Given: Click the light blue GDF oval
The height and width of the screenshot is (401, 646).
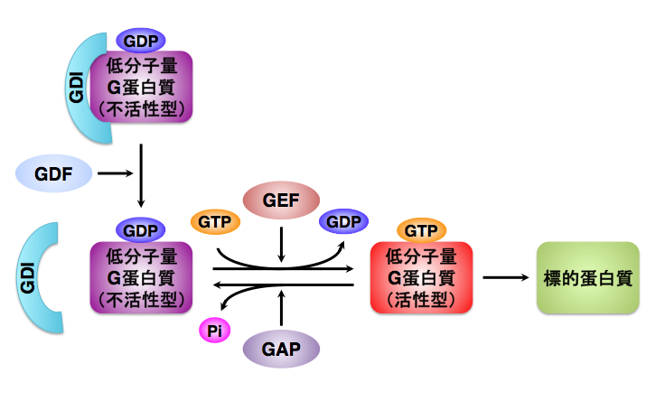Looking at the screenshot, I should (54, 171).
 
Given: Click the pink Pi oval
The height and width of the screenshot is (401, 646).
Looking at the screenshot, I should (214, 331).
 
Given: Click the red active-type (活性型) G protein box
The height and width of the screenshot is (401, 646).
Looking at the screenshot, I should (422, 276).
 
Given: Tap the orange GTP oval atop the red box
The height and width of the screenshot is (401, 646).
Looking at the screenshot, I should (421, 230).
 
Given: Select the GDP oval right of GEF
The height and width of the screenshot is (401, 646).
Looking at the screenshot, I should (343, 221).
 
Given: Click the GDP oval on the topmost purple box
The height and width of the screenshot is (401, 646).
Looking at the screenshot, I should (140, 41).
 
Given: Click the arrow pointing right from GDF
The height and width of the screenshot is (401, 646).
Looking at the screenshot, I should (114, 172).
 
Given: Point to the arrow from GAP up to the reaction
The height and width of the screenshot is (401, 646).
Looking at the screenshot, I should (282, 307).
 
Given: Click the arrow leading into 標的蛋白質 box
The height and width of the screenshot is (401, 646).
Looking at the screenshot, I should (506, 276).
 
